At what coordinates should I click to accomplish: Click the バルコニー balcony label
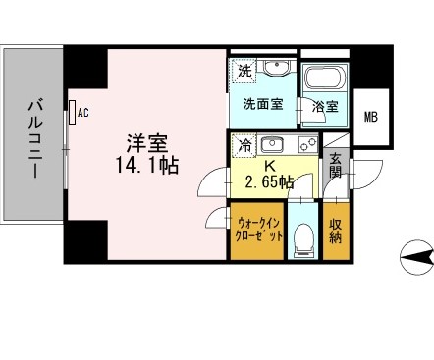(x=33, y=136)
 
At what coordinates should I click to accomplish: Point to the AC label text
(x=82, y=112)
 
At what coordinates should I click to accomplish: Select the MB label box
(x=370, y=118)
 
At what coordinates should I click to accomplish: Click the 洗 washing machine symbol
(x=244, y=72)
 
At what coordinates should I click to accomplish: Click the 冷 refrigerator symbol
(x=243, y=144)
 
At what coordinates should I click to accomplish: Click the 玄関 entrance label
(x=336, y=168)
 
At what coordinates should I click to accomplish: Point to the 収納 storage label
(x=336, y=229)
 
